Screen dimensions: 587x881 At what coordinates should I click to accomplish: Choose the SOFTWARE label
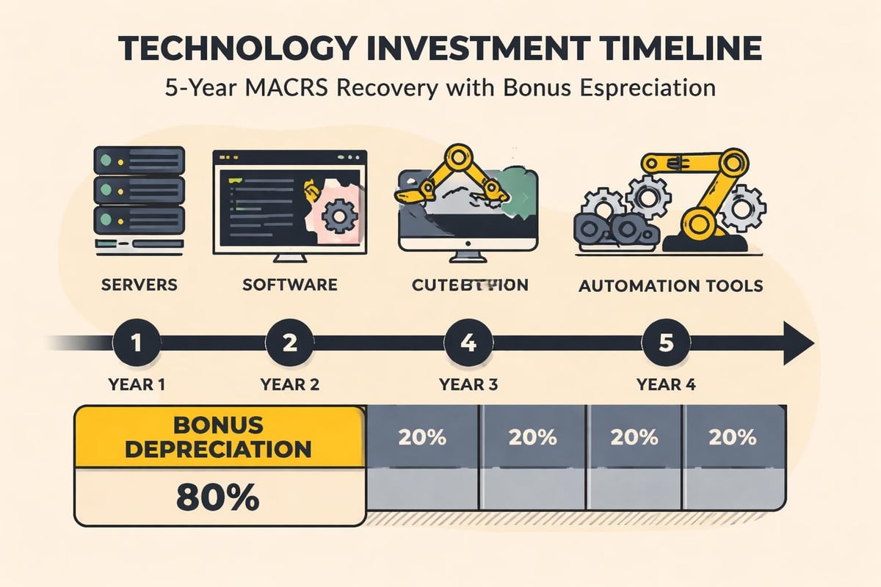coord(290,284)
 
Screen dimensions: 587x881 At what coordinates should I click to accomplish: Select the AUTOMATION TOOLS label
coord(671,285)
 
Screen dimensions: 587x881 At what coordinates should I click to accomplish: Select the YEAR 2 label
coord(289,384)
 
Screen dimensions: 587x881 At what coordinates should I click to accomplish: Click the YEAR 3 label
coord(468,384)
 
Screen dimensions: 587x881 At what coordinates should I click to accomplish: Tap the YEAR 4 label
coord(666,384)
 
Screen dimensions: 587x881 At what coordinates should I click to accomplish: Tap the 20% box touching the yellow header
coord(421,438)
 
